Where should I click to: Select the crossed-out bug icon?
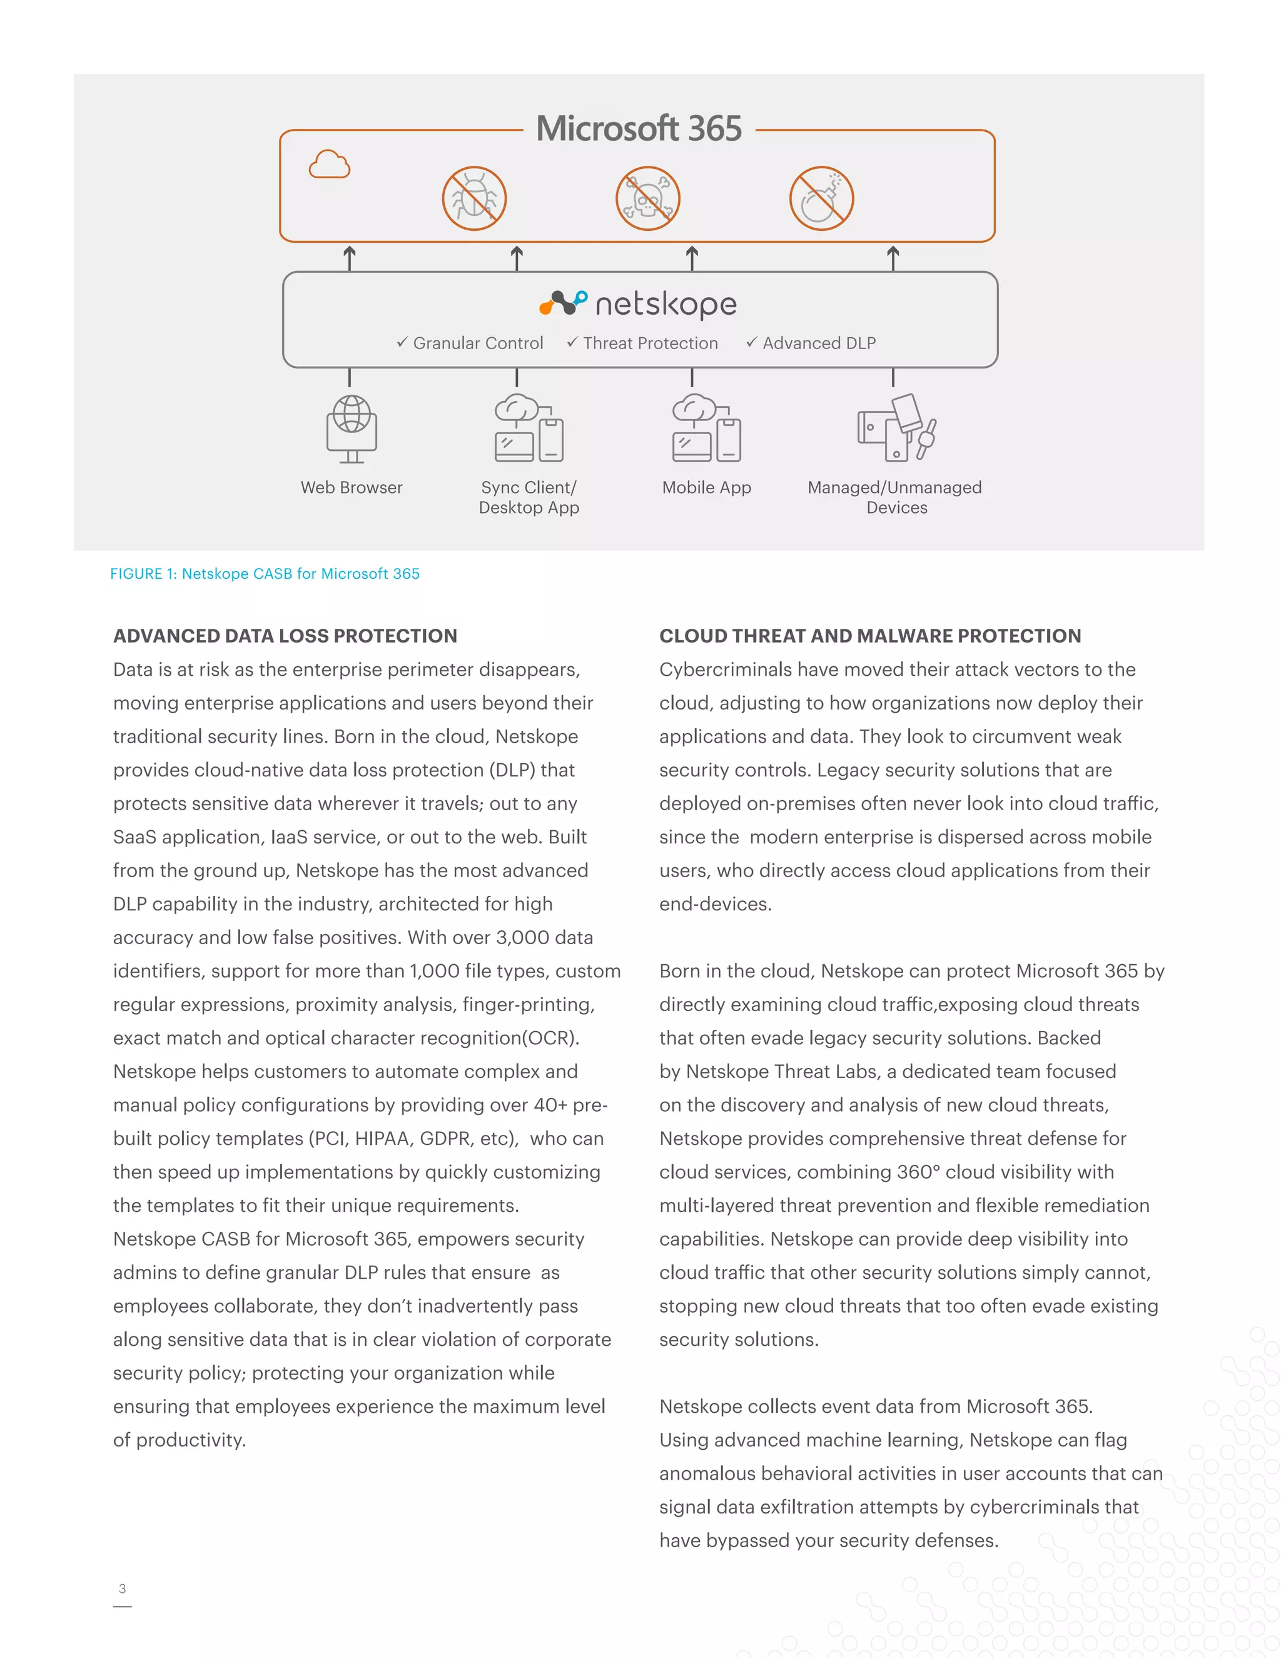[x=474, y=199]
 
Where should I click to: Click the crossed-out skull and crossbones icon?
[x=647, y=199]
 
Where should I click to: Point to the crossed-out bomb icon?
[x=821, y=199]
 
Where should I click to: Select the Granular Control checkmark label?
[x=470, y=343]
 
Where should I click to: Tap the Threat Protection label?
[x=643, y=343]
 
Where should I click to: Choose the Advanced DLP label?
[x=811, y=343]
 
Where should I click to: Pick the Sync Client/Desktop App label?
[x=529, y=497]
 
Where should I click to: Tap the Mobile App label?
[x=707, y=487]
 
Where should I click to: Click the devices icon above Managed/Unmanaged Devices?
[x=896, y=427]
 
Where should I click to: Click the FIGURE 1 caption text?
[x=265, y=574]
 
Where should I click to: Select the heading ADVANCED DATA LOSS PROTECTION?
[x=285, y=636]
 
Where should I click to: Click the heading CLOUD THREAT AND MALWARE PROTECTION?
[x=869, y=636]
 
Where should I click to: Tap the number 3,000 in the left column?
[x=523, y=938]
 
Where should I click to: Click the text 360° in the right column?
[x=918, y=1172]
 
